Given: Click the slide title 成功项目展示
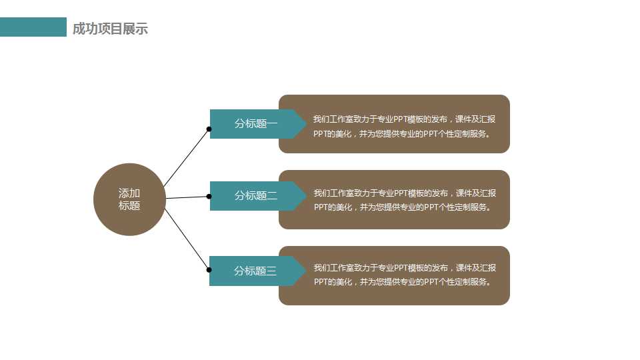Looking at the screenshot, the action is (x=110, y=29).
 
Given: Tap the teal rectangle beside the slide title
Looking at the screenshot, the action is (x=33, y=27).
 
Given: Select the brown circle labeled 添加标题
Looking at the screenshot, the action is (x=129, y=199).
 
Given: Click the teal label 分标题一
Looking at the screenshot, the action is (x=255, y=124).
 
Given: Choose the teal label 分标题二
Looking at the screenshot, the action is (x=255, y=196).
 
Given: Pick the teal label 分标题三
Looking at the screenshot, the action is (x=255, y=271).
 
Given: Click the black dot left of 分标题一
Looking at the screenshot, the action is (x=209, y=129).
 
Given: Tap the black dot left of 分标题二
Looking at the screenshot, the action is (x=209, y=197).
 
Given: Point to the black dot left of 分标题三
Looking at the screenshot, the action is (x=209, y=270).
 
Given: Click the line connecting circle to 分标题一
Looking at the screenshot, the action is (x=187, y=157).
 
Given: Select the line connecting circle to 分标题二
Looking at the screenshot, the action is (x=187, y=197).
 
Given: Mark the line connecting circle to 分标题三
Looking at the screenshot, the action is (x=187, y=240).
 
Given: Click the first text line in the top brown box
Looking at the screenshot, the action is (x=404, y=119).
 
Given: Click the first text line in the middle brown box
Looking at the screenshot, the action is (x=405, y=193).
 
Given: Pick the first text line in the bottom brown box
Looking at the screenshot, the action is (x=405, y=268).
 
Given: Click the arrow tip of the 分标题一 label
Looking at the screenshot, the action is (x=304, y=124).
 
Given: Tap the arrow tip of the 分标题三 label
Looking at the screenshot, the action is (x=304, y=271).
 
